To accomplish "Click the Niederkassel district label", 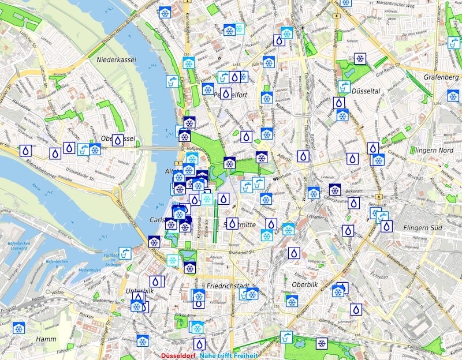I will point(115,59).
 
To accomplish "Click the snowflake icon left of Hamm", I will point(19,328).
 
